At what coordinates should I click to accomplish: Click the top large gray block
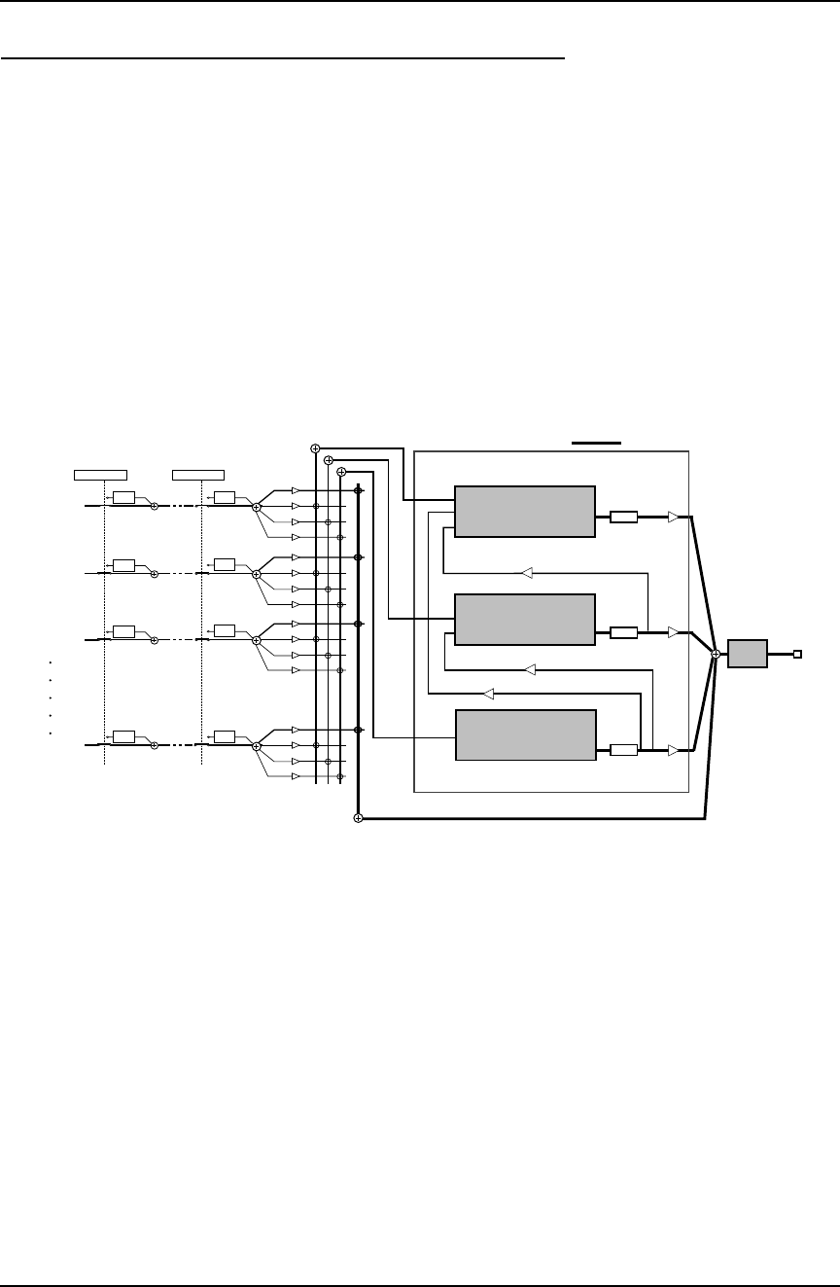click(525, 511)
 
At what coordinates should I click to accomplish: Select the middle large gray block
click(525, 620)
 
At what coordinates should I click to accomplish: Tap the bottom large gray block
click(525, 735)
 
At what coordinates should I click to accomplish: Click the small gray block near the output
click(748, 654)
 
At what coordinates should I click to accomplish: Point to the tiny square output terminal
click(797, 654)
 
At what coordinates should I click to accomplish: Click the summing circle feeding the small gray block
click(716, 654)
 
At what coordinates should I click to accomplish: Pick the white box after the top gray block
click(623, 517)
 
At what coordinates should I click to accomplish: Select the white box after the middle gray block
click(623, 633)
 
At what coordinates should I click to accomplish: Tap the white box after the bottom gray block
click(623, 750)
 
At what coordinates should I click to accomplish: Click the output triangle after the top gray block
click(673, 517)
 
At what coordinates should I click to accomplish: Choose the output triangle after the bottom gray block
click(673, 750)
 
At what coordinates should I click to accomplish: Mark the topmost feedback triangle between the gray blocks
click(526, 572)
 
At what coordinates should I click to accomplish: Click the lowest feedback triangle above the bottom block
click(489, 694)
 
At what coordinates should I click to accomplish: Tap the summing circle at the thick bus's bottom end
click(358, 818)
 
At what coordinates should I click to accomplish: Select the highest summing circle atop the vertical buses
click(315, 448)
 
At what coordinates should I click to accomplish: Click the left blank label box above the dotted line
click(101, 475)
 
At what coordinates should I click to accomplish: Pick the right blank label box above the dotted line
click(197, 475)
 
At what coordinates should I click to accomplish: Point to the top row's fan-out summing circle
click(256, 508)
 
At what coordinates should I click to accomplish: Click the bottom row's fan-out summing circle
click(256, 746)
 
